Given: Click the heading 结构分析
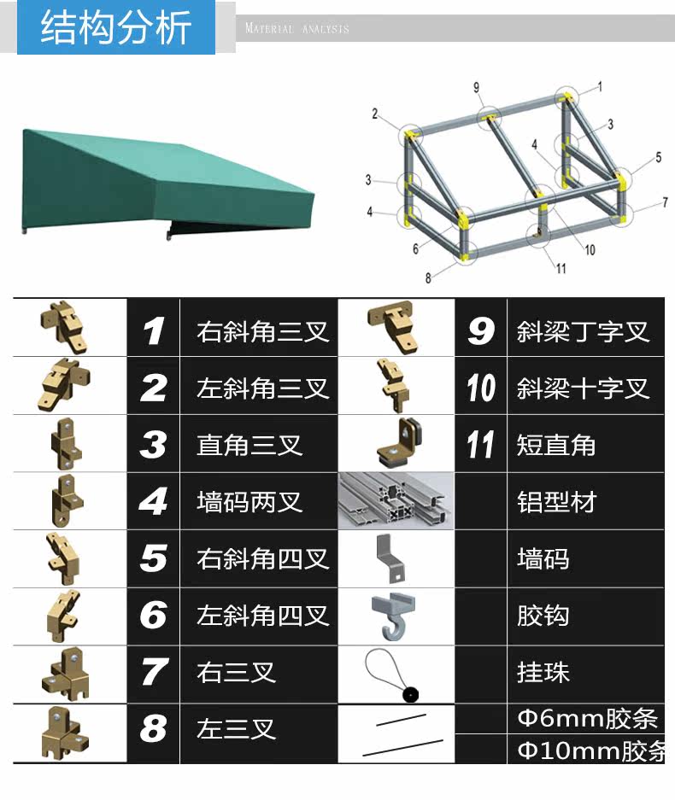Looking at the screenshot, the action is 116,28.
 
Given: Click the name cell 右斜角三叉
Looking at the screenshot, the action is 262,331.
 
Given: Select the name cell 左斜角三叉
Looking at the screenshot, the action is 262,388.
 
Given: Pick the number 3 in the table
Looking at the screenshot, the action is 154,445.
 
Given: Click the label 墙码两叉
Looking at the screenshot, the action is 249,501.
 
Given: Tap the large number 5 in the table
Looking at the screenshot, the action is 154,558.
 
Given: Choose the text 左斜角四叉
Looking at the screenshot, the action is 262,615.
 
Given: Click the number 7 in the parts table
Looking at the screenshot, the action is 154,672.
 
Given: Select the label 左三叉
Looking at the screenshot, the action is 237,729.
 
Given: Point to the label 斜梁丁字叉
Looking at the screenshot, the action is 583,331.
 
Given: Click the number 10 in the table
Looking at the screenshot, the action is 481,388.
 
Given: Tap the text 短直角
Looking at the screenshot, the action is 556,445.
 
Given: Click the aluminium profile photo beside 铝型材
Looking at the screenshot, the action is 396,501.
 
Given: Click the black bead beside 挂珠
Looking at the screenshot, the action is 411,694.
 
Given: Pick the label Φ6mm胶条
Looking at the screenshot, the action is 587,719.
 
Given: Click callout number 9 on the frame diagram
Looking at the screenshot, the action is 476,86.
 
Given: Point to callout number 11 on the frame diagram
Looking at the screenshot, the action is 561,268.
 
